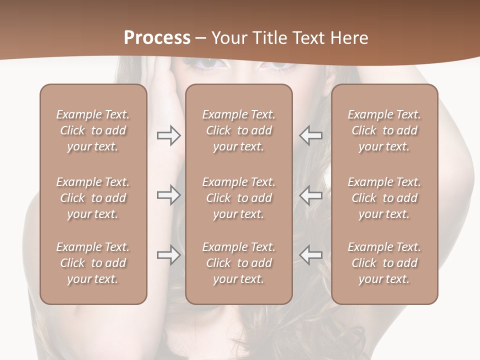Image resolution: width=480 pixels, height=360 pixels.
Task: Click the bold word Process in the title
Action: pos(157,38)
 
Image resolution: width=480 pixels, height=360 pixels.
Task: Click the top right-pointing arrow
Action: pos(168,135)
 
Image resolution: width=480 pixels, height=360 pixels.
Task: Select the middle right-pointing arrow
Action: pos(168,195)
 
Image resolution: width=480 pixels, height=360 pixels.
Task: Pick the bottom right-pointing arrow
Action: pos(168,255)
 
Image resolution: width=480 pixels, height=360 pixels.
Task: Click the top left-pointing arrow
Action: pos(310,135)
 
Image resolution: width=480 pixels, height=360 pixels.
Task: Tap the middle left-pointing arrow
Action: pos(310,195)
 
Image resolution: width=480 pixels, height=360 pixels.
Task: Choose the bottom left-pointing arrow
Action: pos(310,255)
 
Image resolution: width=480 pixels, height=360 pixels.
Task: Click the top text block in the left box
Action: pos(93,130)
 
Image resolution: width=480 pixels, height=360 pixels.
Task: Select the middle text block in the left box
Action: pos(93,198)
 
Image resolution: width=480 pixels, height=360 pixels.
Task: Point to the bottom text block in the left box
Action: pos(93,263)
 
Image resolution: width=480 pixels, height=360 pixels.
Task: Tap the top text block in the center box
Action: pos(239,130)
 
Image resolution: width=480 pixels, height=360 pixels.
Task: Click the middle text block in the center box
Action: pos(239,198)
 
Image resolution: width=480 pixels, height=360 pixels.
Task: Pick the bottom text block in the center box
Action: pos(239,263)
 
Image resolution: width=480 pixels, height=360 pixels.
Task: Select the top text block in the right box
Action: pos(384,130)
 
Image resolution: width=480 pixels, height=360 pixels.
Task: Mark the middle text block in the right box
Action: pos(384,198)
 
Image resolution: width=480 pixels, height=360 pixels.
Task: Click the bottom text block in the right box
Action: pos(384,263)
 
